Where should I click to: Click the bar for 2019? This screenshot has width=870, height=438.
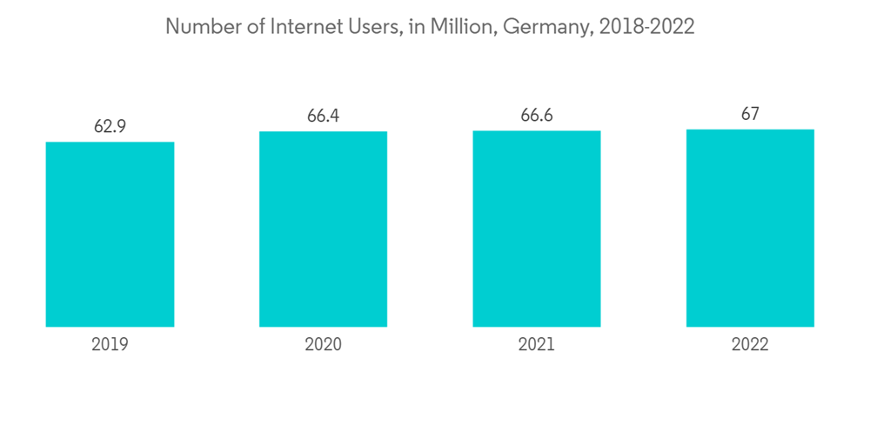click(x=110, y=235)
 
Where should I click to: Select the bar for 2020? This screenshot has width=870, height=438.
click(x=323, y=229)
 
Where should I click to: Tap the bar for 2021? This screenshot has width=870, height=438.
click(x=537, y=229)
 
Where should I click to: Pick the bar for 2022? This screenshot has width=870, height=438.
click(x=750, y=228)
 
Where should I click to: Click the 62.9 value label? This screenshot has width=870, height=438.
click(x=110, y=127)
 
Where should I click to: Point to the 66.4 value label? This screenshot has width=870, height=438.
click(x=323, y=116)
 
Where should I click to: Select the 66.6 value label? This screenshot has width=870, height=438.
click(x=537, y=116)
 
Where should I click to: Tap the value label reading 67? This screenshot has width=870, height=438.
click(x=750, y=115)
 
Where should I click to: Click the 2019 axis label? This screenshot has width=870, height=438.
click(x=110, y=345)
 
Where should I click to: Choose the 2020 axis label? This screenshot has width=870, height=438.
click(x=323, y=345)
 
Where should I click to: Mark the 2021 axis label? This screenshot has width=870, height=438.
click(x=537, y=345)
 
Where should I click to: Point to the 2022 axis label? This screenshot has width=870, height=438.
click(x=750, y=345)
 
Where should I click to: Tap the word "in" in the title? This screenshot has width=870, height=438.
click(x=416, y=27)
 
